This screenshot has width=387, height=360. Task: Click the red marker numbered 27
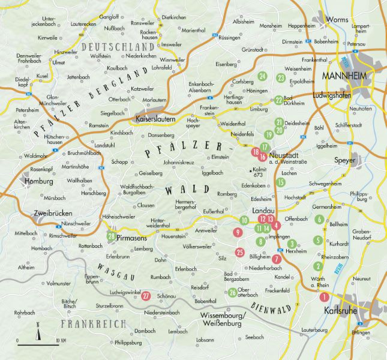(x=146, y=295)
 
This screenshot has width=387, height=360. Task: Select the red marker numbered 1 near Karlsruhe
(x=325, y=296)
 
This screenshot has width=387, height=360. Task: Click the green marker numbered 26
(x=232, y=292)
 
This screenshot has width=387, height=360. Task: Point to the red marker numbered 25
(x=240, y=252)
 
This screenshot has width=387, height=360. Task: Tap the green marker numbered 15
(x=280, y=182)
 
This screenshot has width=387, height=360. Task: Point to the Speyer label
(x=344, y=161)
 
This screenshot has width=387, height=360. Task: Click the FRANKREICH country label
(x=92, y=324)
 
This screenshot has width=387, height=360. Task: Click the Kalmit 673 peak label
(x=261, y=174)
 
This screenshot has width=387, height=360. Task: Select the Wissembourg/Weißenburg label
(x=220, y=319)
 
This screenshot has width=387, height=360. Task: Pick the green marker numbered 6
(x=319, y=219)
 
